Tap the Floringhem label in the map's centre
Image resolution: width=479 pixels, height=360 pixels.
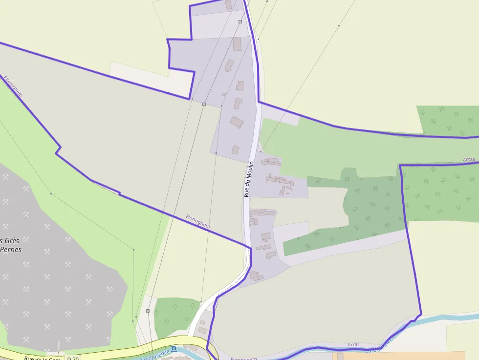[198, 222]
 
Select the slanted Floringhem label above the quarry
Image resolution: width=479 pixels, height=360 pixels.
[13, 86]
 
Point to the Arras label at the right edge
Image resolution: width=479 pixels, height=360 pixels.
[469, 160]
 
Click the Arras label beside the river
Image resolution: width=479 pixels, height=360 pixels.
[353, 345]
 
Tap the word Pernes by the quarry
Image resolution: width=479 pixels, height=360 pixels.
[11, 249]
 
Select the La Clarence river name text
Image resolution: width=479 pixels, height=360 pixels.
[155, 356]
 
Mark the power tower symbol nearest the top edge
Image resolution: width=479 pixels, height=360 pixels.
[240, 21]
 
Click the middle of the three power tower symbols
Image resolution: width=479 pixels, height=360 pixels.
[204, 104]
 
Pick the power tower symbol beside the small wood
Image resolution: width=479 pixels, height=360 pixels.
[148, 311]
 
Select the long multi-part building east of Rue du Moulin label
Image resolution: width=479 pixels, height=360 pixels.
[279, 180]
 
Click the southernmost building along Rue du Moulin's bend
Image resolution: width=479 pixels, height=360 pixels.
[256, 276]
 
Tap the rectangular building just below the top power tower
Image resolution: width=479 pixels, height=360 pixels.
[237, 44]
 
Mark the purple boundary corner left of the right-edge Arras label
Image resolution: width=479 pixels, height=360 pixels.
[400, 166]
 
